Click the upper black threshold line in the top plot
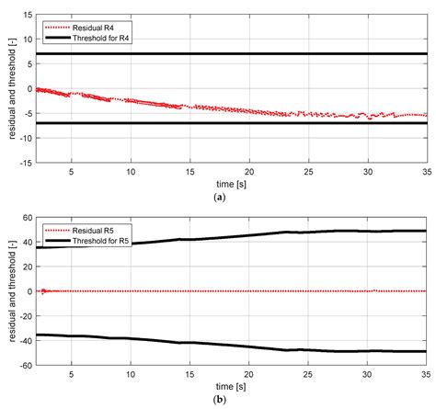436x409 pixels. [x=230, y=54]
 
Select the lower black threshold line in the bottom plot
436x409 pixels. [x=230, y=346]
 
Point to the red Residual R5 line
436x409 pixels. [x=230, y=291]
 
